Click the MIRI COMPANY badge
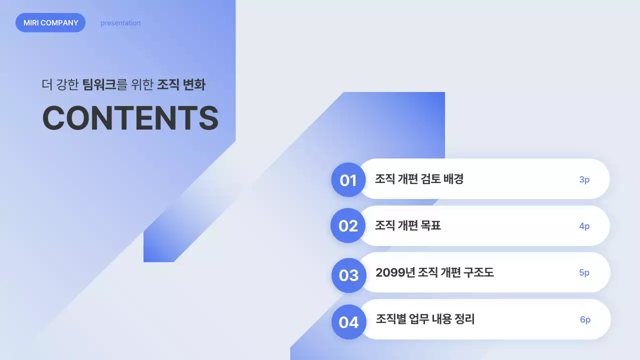click(50, 23)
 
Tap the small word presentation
click(120, 23)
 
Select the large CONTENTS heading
click(130, 118)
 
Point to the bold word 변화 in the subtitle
click(194, 84)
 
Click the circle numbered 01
click(348, 180)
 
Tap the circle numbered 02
click(348, 226)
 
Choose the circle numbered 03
click(348, 275)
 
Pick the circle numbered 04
click(348, 322)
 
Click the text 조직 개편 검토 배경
click(419, 179)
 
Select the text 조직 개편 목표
click(407, 225)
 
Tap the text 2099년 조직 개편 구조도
click(434, 272)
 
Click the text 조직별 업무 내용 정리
click(425, 319)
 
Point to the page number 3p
click(584, 179)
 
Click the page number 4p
click(584, 226)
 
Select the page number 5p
click(584, 272)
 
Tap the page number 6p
click(585, 319)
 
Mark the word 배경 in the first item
click(453, 179)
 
